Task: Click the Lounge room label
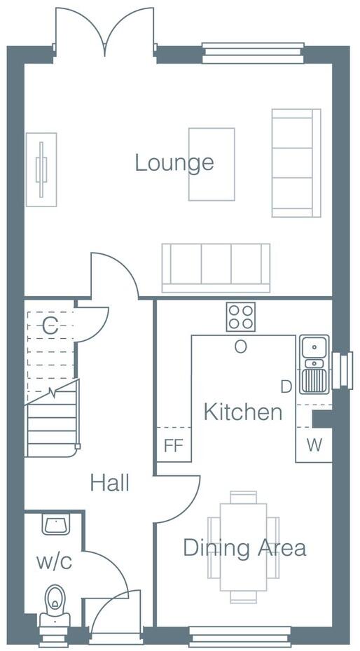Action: (x=174, y=163)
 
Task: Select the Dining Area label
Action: (x=244, y=547)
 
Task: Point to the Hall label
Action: (x=109, y=482)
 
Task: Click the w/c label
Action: (x=55, y=561)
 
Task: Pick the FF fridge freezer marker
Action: (x=173, y=446)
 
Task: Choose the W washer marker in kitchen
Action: (x=314, y=446)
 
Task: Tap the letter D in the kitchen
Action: (x=286, y=386)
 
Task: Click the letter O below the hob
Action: (x=240, y=346)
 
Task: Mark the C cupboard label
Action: (x=49, y=325)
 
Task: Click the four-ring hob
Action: (x=240, y=317)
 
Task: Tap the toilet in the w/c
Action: (x=54, y=605)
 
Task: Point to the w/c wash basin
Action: (x=54, y=524)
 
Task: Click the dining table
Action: (x=243, y=546)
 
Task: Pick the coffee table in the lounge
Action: (x=211, y=164)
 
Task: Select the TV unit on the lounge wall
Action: (x=41, y=169)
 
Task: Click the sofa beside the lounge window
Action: (x=296, y=162)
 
